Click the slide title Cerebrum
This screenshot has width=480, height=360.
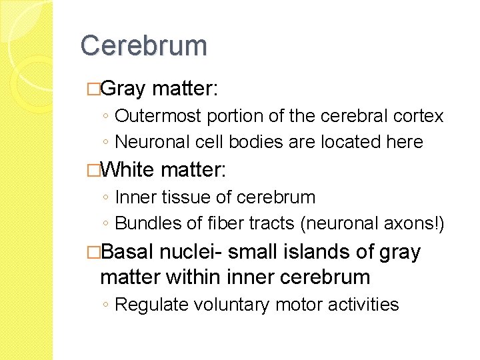click(144, 46)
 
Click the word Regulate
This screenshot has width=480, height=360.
click(152, 305)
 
